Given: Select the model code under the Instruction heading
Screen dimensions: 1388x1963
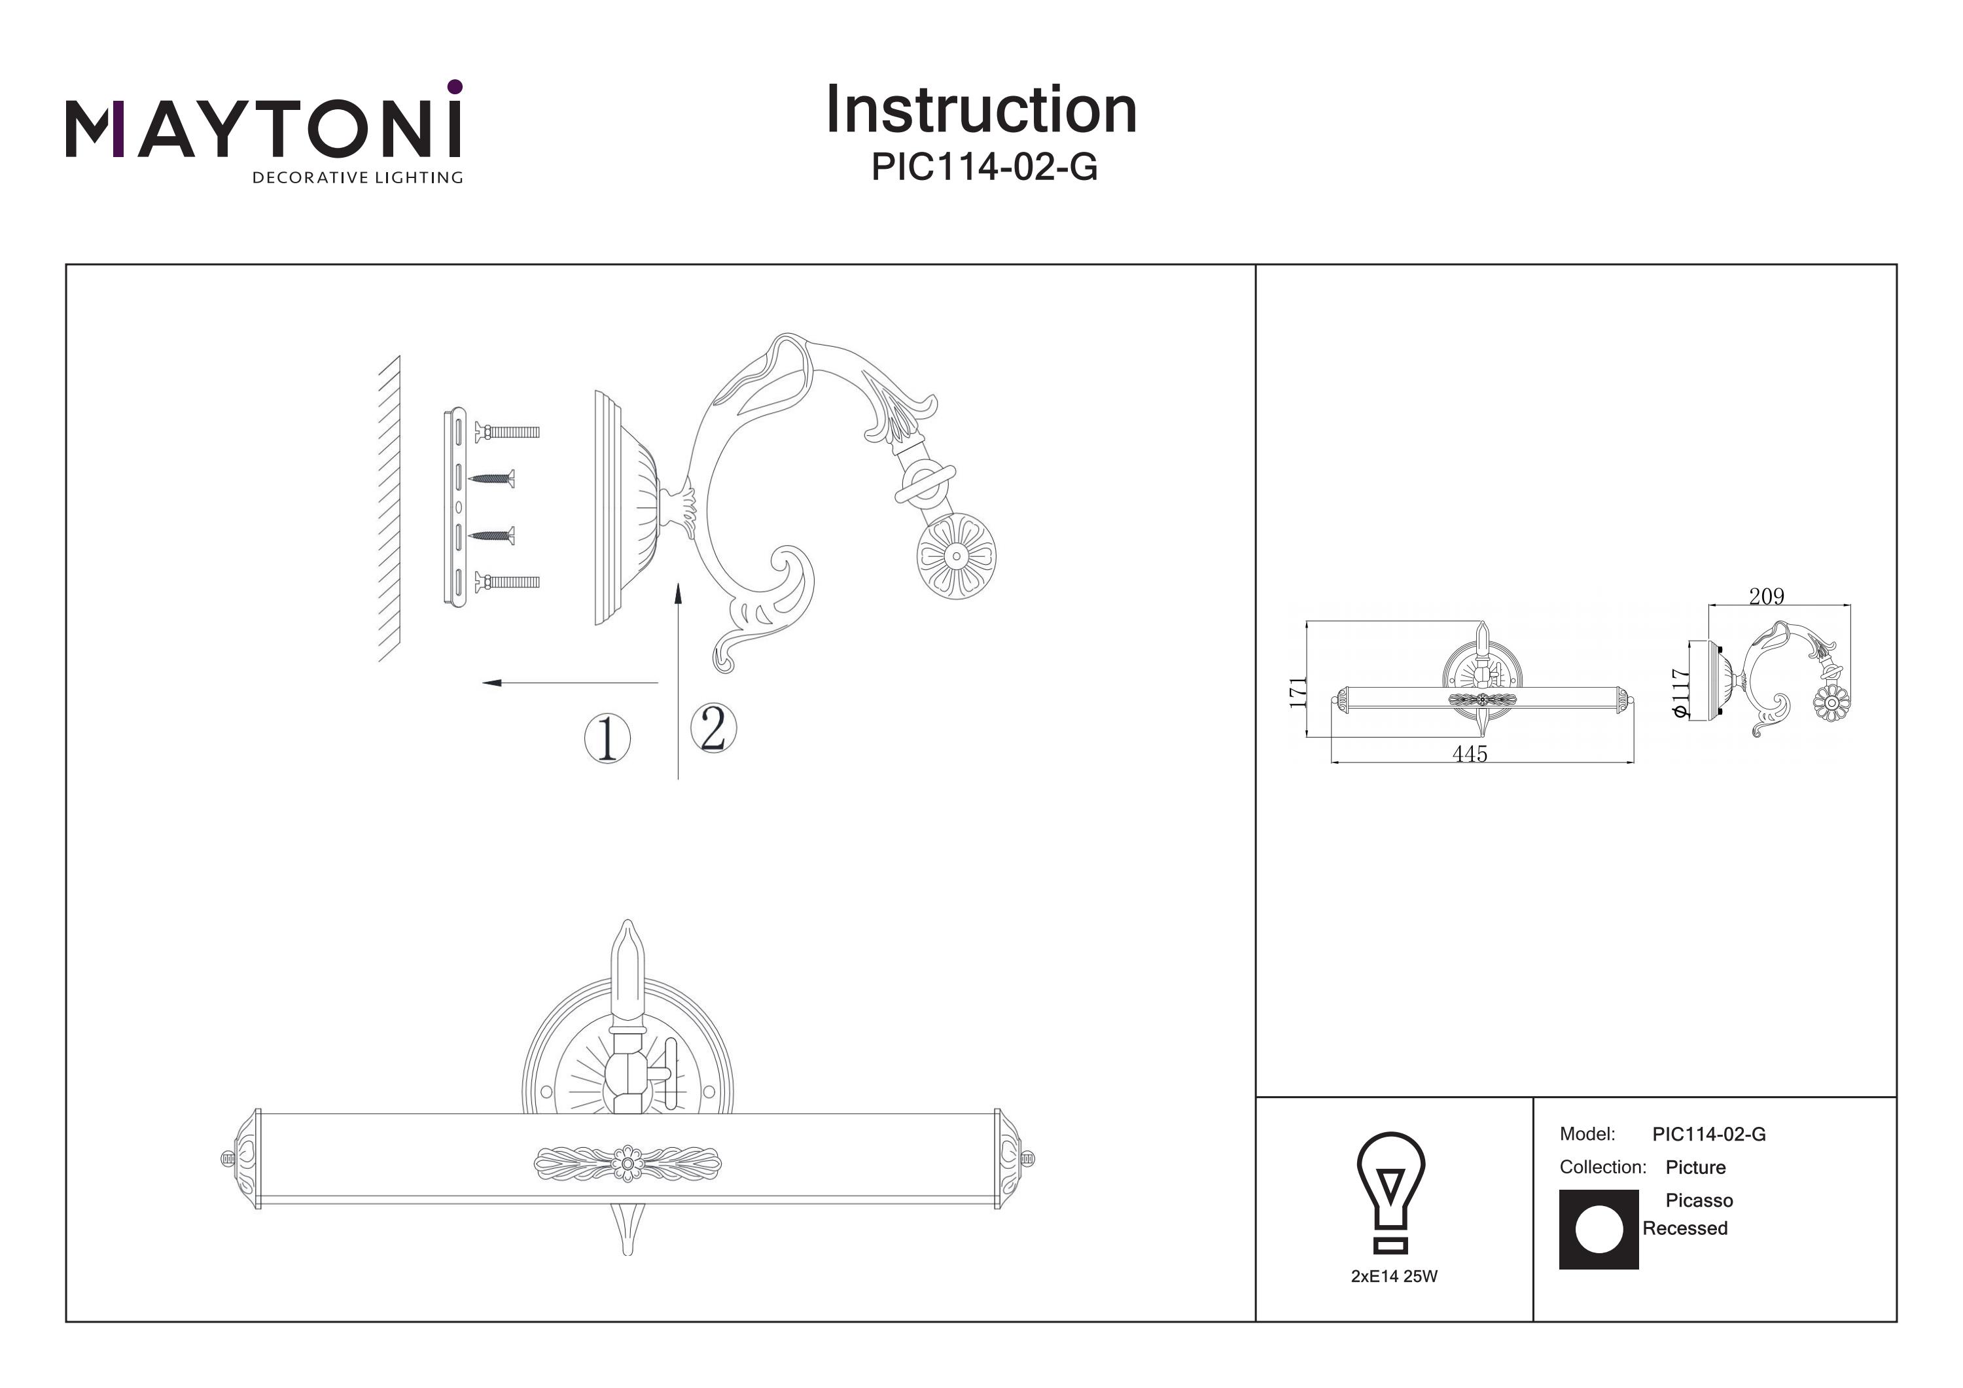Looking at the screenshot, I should pos(983,167).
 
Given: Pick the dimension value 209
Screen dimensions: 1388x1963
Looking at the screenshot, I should pos(1766,597).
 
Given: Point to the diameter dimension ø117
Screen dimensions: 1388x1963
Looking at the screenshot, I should pos(1681,693).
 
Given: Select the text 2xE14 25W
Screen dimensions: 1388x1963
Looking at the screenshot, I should pos(1394,1277).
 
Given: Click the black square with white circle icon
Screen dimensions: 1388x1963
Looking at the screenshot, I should pos(1598,1230).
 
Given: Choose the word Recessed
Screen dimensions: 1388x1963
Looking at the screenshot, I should pos(1685,1229).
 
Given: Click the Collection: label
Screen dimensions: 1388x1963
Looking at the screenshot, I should pos(1602,1167).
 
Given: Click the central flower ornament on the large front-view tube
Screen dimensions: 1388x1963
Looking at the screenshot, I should pos(628,1164).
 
